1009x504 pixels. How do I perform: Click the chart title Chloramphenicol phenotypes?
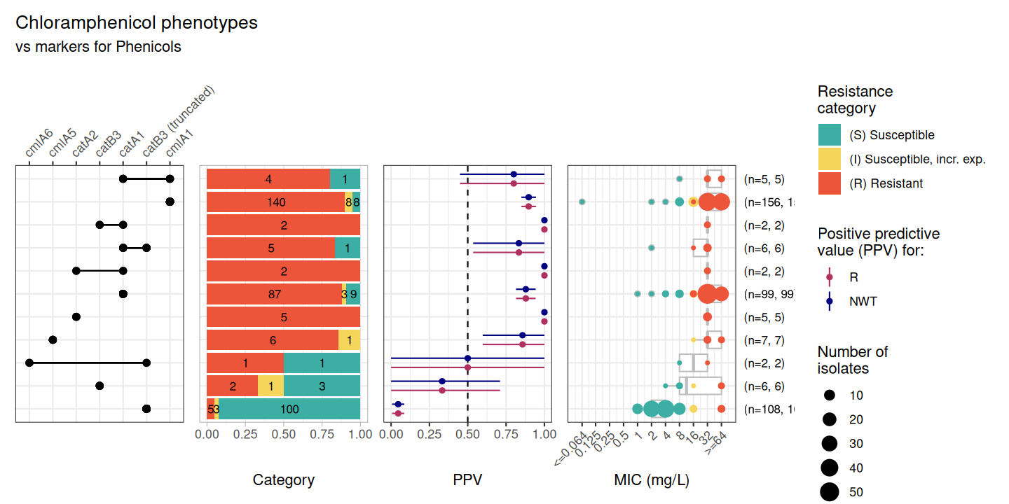pyautogui.click(x=137, y=22)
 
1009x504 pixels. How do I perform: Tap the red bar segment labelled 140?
pyautogui.click(x=276, y=202)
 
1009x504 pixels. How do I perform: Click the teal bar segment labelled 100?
pyautogui.click(x=289, y=409)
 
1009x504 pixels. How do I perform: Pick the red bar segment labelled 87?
pyautogui.click(x=274, y=295)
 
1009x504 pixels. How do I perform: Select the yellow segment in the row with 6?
pyautogui.click(x=350, y=340)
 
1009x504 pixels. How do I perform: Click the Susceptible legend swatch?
pyautogui.click(x=829, y=135)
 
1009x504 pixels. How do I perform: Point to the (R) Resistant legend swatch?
pyautogui.click(x=829, y=183)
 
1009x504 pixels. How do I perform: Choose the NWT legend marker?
pyautogui.click(x=829, y=302)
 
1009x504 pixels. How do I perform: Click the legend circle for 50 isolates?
pyautogui.click(x=830, y=492)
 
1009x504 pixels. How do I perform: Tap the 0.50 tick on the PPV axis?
pyautogui.click(x=467, y=435)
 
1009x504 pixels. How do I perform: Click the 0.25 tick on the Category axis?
pyautogui.click(x=245, y=435)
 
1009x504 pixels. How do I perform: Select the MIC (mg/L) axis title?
pyautogui.click(x=652, y=480)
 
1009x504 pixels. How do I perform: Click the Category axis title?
pyautogui.click(x=283, y=480)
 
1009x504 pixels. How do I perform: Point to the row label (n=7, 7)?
pyautogui.click(x=764, y=340)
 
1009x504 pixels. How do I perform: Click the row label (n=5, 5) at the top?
pyautogui.click(x=764, y=179)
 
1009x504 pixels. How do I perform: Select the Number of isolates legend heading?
pyautogui.click(x=853, y=360)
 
